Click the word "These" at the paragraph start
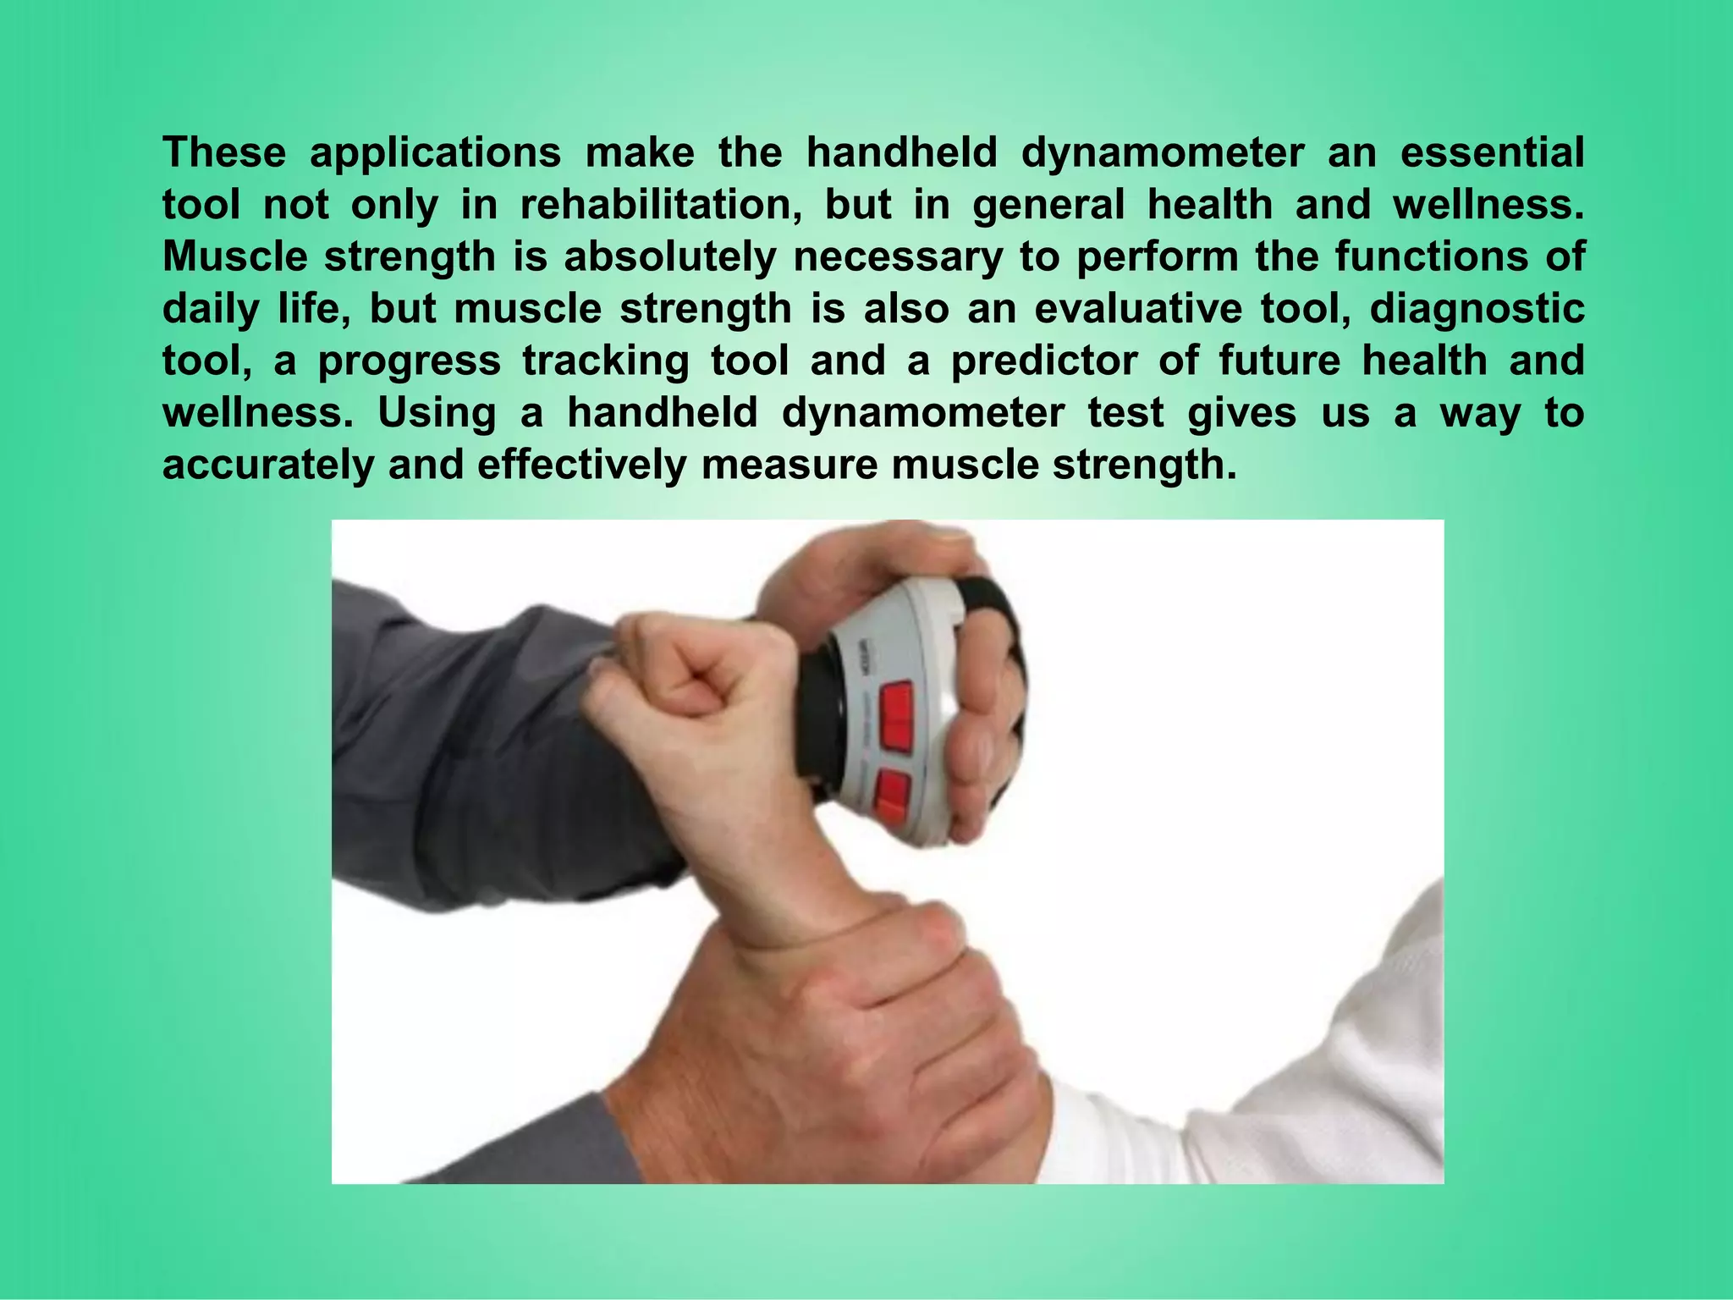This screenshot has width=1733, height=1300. point(224,153)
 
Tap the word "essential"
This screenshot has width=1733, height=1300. point(1492,153)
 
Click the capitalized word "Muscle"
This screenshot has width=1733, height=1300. point(234,257)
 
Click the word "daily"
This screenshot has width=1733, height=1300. point(210,311)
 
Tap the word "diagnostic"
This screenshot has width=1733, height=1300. point(1477,311)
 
